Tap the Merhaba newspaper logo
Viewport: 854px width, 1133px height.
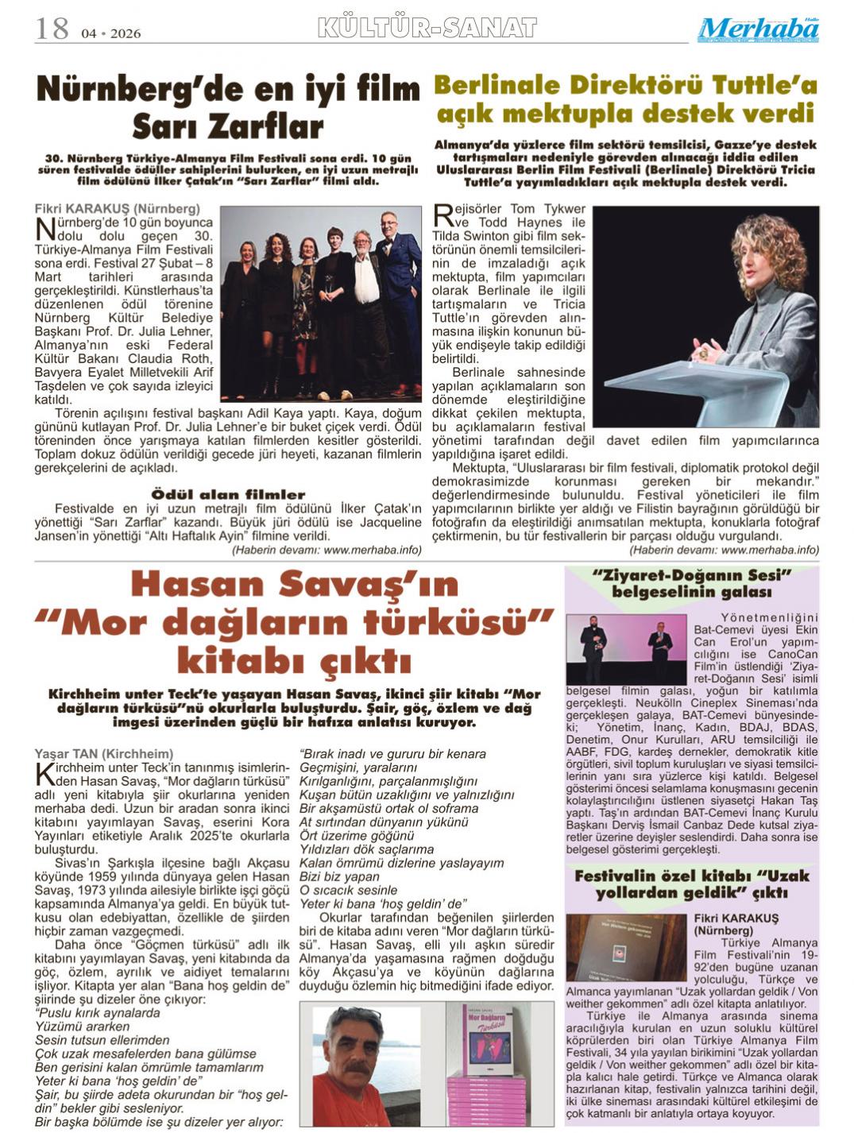click(x=759, y=30)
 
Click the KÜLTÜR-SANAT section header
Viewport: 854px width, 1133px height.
click(x=427, y=29)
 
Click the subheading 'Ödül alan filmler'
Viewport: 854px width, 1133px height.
click(x=228, y=494)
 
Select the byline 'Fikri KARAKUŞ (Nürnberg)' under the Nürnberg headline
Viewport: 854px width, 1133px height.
click(x=106, y=209)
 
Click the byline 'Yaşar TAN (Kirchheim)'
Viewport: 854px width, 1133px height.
click(x=104, y=754)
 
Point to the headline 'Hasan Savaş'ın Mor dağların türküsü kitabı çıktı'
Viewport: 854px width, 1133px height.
click(x=295, y=622)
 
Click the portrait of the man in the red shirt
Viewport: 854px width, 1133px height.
click(x=366, y=1065)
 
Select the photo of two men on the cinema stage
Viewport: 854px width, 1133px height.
click(x=625, y=649)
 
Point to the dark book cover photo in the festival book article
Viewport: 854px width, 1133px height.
click(x=627, y=947)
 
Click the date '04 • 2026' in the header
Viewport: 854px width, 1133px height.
click(x=110, y=33)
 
